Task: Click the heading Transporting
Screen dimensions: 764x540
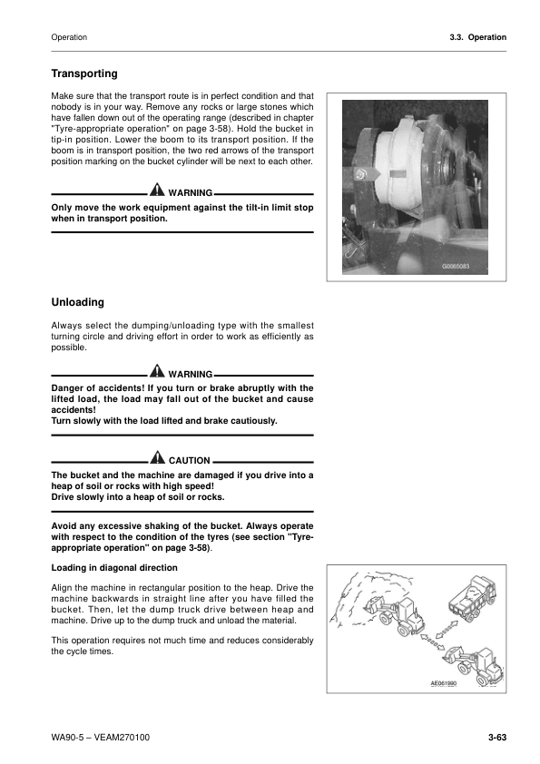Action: tap(84, 73)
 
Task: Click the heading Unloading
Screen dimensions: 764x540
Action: tap(78, 302)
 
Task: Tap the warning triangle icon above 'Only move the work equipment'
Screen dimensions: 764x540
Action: tap(157, 192)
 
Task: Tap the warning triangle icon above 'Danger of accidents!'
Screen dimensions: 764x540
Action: tap(157, 373)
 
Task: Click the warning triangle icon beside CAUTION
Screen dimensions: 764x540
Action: tap(159, 459)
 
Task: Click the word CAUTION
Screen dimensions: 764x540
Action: tap(190, 461)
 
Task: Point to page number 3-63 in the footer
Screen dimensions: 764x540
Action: tap(496, 738)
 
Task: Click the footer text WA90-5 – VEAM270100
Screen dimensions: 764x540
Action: tap(101, 738)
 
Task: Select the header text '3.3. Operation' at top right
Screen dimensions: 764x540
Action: tap(472, 37)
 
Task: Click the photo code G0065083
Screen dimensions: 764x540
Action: tap(460, 266)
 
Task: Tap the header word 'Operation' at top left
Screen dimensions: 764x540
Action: tap(70, 37)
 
